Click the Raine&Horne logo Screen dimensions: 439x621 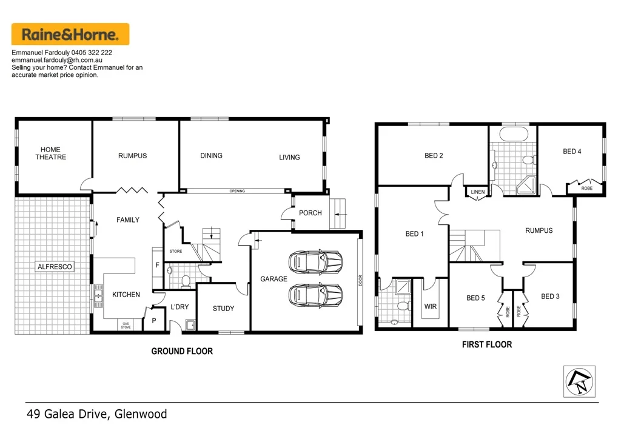70,34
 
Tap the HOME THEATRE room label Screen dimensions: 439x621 50,153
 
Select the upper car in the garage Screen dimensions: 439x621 315,263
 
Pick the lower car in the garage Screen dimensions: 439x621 315,296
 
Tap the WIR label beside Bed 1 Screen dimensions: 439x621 430,307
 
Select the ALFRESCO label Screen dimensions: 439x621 55,267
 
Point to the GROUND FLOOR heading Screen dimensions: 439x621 182,351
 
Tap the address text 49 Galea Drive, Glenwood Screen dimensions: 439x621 97,415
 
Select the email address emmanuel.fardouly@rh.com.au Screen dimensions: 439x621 61,61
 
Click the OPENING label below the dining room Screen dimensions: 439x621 237,191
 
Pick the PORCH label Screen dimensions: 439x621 310,213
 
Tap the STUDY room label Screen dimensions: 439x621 223,309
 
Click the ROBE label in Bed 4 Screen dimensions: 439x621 586,189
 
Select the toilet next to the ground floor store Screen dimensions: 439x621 186,280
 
